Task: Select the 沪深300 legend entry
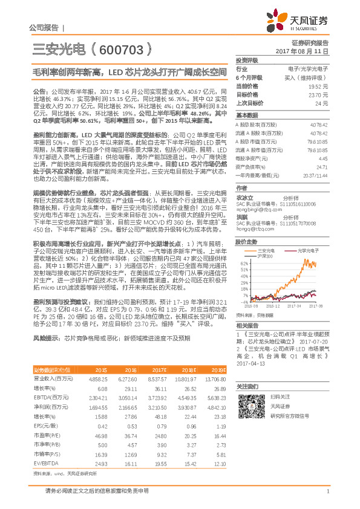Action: (248, 255)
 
